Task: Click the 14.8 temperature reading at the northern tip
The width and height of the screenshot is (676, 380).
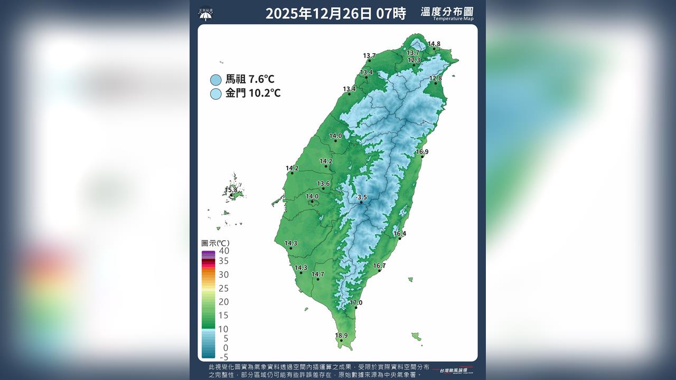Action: tap(434, 44)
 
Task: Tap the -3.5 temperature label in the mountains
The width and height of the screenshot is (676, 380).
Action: tap(361, 197)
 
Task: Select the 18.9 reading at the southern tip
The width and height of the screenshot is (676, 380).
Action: tap(341, 335)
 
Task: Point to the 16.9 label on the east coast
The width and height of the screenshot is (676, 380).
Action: tap(422, 151)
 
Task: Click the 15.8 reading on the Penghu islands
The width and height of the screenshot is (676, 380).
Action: tap(231, 190)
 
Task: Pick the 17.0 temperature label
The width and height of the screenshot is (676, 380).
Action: tap(356, 302)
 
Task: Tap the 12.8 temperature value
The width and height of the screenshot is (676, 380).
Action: tap(435, 78)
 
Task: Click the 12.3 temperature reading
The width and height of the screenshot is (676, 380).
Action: tap(414, 60)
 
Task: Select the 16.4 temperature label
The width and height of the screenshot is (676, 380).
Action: tap(400, 233)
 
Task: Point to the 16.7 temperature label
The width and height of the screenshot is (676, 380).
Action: tap(379, 265)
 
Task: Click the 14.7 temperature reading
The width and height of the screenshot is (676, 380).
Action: tap(317, 274)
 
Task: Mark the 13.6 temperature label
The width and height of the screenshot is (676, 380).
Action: tap(323, 183)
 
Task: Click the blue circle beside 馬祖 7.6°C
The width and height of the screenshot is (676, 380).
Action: tap(215, 80)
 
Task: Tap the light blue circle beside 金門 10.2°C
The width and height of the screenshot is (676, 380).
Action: tap(215, 94)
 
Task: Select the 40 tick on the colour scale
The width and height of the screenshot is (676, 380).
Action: tap(223, 251)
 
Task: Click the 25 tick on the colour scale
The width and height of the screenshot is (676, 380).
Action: tap(223, 288)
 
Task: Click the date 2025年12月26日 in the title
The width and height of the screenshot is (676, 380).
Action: tap(319, 14)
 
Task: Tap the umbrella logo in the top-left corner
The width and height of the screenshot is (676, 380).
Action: tap(205, 13)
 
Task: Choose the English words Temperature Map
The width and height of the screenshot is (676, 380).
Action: tap(453, 18)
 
